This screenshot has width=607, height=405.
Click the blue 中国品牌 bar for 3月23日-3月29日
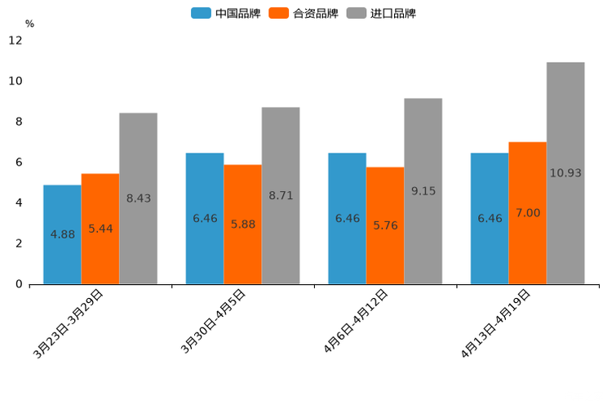62,234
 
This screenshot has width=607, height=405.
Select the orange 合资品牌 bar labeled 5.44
100,229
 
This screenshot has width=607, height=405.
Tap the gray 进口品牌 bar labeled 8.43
138,198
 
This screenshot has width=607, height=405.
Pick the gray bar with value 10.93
565,173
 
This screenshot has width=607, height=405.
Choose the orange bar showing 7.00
527,213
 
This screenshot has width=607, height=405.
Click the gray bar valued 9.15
423,191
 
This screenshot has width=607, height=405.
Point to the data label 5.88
243,224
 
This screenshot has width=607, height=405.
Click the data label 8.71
281,196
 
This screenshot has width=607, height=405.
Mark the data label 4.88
63,234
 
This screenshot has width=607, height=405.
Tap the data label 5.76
385,225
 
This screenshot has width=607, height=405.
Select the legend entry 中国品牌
226,13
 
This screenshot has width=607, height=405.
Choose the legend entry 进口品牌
382,13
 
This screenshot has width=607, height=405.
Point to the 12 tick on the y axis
16,41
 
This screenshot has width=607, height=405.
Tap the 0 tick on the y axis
19,284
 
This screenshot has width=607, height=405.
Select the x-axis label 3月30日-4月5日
213,322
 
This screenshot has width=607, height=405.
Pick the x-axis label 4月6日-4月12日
356,322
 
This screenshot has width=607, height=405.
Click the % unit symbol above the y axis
29,24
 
